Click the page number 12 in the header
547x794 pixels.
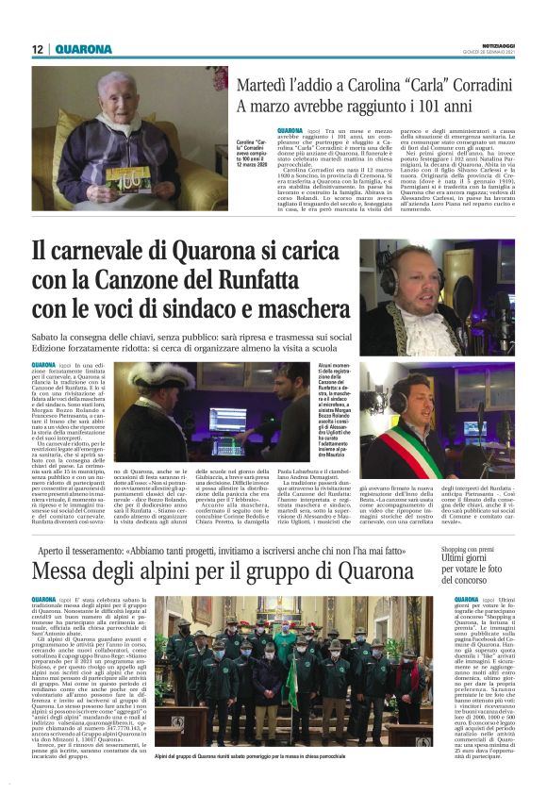(x=38, y=49)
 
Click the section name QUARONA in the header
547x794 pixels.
(x=82, y=49)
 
